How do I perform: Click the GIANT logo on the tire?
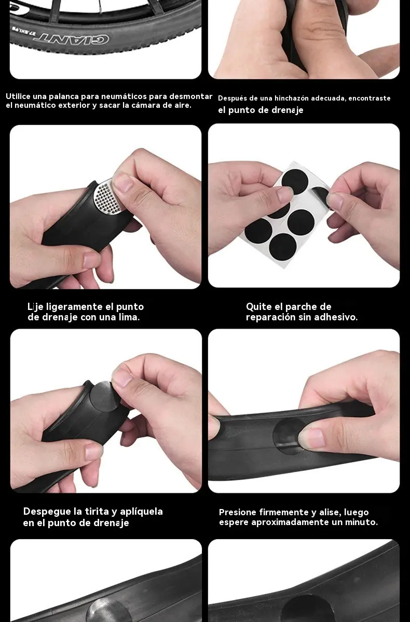point(71,38)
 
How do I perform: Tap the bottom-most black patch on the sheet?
point(283,247)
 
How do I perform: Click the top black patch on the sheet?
point(295,181)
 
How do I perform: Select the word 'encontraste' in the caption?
point(370,98)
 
